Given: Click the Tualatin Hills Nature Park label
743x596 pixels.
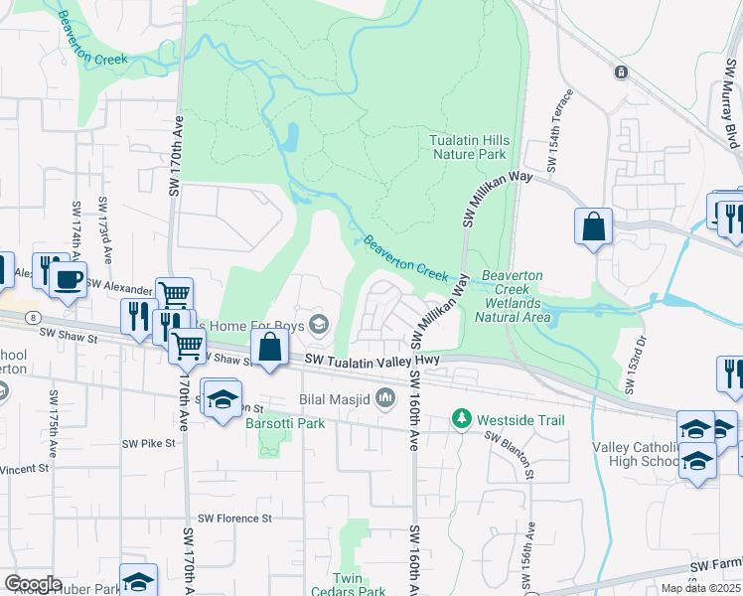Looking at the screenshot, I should (468, 147).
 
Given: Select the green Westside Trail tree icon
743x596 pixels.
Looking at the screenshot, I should (461, 420).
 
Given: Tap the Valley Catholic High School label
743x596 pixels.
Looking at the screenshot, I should (636, 454).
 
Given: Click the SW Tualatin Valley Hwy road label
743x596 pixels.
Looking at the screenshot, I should (372, 360).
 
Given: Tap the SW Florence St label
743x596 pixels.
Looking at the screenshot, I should (234, 519).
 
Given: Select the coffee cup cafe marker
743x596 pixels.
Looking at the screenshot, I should (68, 279).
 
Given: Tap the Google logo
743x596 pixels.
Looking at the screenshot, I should (33, 584).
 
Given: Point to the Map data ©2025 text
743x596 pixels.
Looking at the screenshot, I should (700, 588).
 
